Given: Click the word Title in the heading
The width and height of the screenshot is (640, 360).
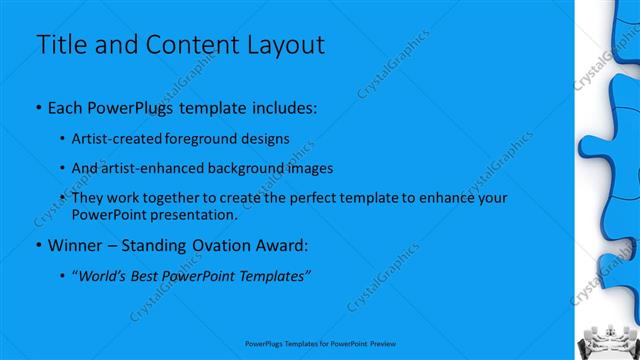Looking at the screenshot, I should click(x=63, y=45).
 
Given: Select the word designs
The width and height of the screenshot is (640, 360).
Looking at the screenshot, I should click(x=265, y=138).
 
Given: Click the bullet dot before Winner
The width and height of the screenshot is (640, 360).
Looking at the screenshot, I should click(x=38, y=245).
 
